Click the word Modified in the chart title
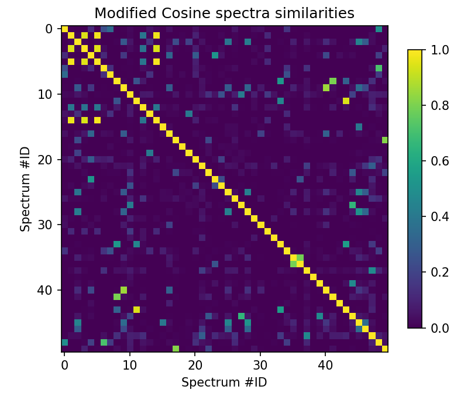(x=120, y=13)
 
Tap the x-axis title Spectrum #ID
(x=224, y=382)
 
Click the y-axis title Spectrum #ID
(x=25, y=189)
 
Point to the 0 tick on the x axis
(x=64, y=365)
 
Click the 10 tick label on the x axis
(x=130, y=365)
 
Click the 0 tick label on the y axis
(x=49, y=29)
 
